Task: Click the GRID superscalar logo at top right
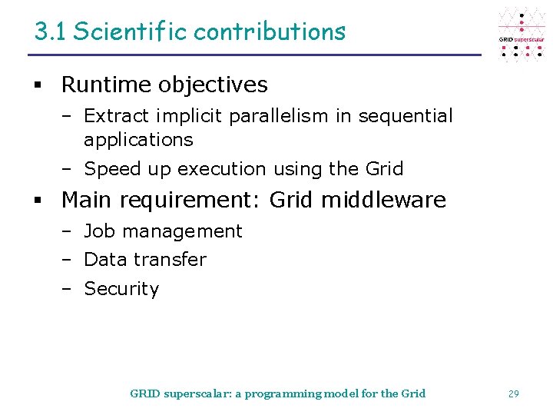(522, 35)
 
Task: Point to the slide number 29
(513, 393)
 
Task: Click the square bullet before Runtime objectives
(36, 85)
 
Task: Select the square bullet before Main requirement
(36, 201)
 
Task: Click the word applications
(138, 140)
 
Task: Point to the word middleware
(383, 200)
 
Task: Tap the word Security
(121, 289)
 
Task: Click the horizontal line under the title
(253, 55)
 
